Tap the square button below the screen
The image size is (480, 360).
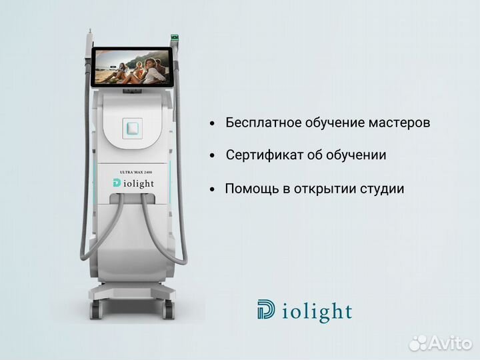click(133, 127)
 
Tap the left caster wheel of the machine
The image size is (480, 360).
click(95, 311)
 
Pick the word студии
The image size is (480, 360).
click(382, 189)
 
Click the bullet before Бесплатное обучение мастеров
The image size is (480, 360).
click(212, 124)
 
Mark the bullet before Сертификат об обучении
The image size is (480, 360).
click(212, 156)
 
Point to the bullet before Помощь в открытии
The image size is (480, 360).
click(212, 189)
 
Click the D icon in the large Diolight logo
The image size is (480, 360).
click(265, 310)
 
